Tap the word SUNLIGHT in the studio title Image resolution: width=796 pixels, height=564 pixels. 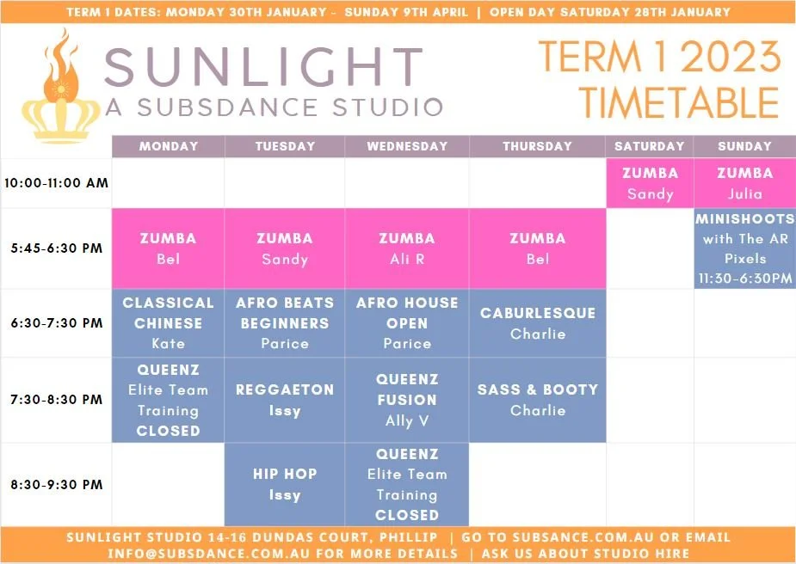(263, 67)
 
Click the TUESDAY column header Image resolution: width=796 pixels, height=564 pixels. (285, 146)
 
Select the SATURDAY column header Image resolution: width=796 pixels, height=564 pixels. (650, 146)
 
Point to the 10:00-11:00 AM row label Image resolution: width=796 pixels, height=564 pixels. (56, 183)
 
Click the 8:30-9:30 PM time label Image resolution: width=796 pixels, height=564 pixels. (56, 484)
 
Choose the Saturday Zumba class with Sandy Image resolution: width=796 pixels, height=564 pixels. (650, 183)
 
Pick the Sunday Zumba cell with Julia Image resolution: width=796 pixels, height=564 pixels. (744, 183)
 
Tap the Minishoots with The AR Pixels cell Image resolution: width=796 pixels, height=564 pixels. (744, 248)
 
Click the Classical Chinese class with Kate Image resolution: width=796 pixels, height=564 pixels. (168, 322)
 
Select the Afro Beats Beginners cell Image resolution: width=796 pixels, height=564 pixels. (285, 322)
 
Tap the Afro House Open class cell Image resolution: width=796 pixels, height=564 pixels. (407, 322)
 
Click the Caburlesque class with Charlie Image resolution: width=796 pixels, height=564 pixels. (538, 322)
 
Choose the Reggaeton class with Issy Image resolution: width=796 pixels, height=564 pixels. (285, 400)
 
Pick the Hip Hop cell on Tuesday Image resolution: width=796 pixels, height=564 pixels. (285, 484)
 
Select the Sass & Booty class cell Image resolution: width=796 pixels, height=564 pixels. (538, 400)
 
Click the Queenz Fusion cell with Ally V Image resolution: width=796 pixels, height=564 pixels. (407, 400)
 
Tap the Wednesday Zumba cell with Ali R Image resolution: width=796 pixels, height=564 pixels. (407, 248)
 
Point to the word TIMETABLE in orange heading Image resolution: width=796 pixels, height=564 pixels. (679, 102)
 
